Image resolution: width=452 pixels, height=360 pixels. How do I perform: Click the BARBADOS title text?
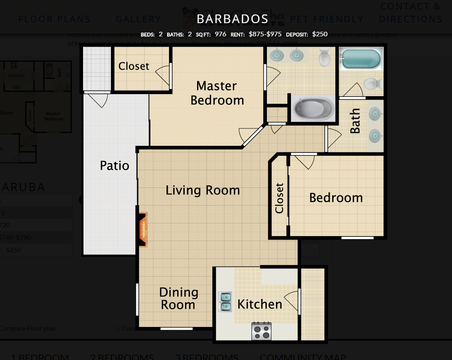click(x=232, y=19)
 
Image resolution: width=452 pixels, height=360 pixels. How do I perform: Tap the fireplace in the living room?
click(x=143, y=230)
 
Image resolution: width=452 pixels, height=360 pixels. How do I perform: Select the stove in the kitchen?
click(x=261, y=331)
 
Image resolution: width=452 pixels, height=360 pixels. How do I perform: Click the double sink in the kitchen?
click(x=226, y=302)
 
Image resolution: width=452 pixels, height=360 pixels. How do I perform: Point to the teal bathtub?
click(x=361, y=59)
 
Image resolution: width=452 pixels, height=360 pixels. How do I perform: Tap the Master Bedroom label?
click(x=217, y=93)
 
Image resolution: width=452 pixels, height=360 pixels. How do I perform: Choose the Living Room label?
click(x=202, y=190)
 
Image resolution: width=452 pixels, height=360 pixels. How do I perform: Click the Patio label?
click(x=114, y=166)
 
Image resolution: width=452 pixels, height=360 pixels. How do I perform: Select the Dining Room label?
click(x=178, y=298)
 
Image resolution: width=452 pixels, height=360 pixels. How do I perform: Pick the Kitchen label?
click(x=259, y=304)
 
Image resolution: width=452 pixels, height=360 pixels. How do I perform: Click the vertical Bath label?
click(x=355, y=121)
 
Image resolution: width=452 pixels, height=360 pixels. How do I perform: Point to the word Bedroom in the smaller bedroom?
click(x=336, y=198)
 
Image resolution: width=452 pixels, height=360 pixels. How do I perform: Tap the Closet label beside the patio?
click(x=133, y=66)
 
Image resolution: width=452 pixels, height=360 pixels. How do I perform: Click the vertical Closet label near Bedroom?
click(x=280, y=198)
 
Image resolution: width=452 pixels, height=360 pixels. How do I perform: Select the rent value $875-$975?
click(x=265, y=34)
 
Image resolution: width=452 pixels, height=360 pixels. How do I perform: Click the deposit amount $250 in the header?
click(x=320, y=34)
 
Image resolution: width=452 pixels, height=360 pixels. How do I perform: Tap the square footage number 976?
click(x=220, y=34)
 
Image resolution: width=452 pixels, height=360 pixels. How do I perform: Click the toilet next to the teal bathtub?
click(x=373, y=83)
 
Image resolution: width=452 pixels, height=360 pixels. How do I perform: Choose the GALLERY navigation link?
click(x=138, y=19)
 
